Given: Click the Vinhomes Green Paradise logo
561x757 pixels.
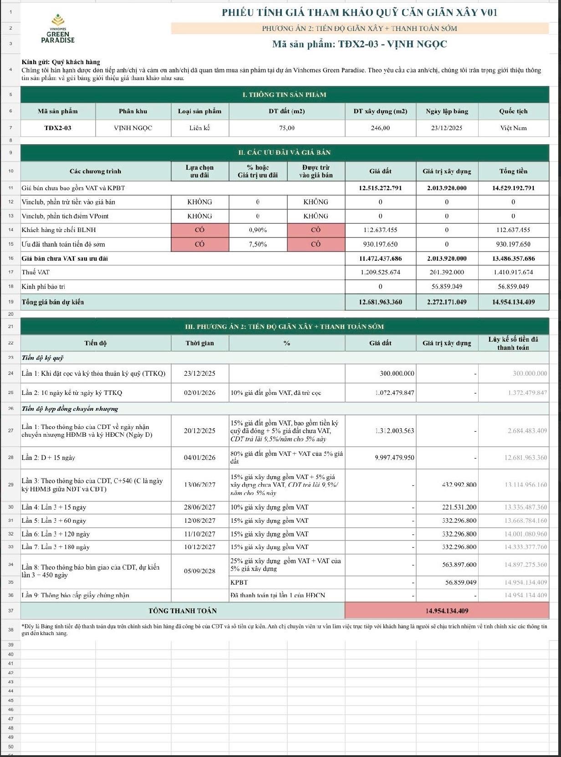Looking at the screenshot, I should click(58, 29).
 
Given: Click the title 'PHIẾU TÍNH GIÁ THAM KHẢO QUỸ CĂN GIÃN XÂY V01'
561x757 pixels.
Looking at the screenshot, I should click(359, 12).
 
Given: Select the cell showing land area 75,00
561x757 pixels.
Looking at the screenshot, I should click(287, 128).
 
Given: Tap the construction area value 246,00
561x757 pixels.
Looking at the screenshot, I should click(380, 128).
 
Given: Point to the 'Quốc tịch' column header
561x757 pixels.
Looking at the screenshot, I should click(513, 111).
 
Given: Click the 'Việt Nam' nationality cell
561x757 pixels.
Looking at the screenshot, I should click(513, 128).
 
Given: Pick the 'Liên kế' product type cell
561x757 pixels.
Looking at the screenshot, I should click(199, 128).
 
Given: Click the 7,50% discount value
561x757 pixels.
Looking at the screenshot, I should click(258, 244).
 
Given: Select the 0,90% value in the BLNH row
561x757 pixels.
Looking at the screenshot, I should click(258, 230).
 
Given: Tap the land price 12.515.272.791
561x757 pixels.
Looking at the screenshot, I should click(380, 188).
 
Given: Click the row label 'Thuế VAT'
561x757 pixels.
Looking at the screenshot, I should click(36, 272).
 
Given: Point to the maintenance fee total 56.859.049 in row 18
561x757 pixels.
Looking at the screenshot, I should click(513, 287).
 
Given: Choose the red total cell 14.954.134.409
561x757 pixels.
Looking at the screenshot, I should click(447, 611).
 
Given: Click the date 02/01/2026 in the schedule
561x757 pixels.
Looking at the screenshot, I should click(199, 393).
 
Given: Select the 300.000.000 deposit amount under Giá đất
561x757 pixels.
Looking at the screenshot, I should click(397, 373).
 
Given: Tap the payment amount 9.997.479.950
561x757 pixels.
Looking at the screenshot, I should click(394, 458).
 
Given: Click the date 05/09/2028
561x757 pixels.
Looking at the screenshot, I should click(199, 571).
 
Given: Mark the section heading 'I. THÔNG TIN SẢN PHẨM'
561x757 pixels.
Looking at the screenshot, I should click(284, 95).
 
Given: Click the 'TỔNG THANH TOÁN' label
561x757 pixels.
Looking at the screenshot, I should click(183, 611).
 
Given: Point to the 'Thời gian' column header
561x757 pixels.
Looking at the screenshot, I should click(199, 343).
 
